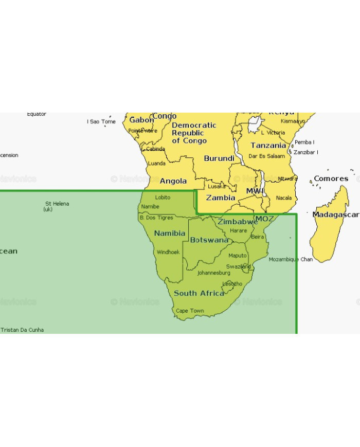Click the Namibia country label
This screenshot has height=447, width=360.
(170, 233)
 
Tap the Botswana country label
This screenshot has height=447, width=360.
(209, 240)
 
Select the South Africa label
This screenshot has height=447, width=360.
(199, 293)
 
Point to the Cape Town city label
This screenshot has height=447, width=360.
(190, 311)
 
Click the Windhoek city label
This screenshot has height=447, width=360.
(168, 252)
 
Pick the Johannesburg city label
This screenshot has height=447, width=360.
(214, 273)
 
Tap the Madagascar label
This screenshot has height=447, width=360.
(335, 214)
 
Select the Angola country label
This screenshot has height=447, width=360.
(173, 181)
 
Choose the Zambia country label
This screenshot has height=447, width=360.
(221, 198)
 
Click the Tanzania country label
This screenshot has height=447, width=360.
(268, 146)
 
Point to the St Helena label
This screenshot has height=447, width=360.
(57, 204)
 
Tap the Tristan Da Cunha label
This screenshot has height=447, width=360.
(22, 330)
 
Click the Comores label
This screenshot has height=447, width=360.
(331, 178)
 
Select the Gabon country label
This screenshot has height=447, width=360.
(141, 120)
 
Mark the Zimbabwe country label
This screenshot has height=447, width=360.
(238, 222)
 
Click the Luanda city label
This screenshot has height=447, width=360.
(156, 164)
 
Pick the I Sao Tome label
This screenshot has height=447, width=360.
(101, 122)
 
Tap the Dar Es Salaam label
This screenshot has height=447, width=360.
(267, 156)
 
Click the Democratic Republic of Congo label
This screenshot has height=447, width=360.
(194, 133)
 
